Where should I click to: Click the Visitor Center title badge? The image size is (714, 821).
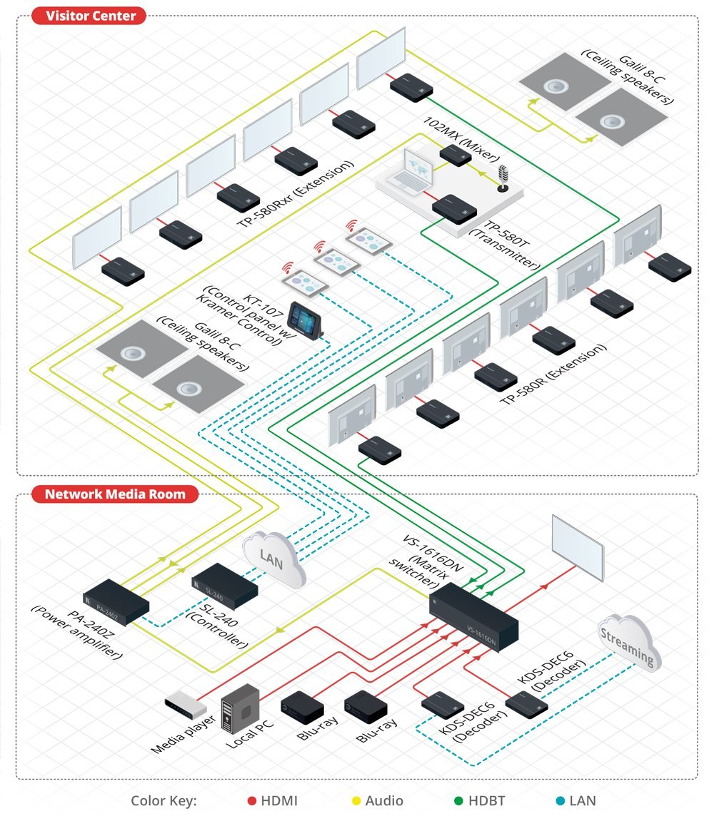tap(89, 16)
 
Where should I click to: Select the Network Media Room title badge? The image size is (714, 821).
tap(114, 494)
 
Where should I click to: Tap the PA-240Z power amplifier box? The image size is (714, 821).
tap(116, 601)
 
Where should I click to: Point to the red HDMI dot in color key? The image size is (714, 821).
tap(251, 801)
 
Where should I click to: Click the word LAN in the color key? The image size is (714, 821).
tap(583, 801)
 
